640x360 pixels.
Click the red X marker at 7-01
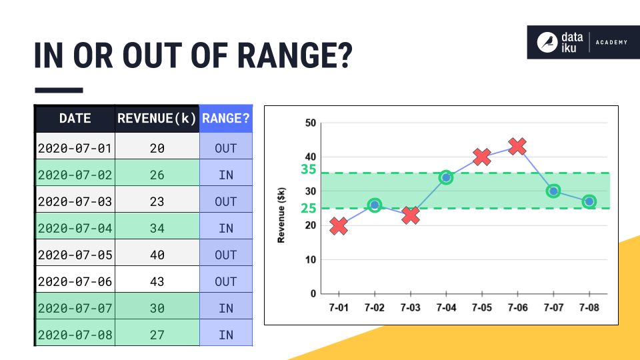[339, 226]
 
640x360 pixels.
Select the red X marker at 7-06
[517, 146]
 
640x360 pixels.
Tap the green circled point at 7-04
[446, 177]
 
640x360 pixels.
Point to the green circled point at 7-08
[589, 201]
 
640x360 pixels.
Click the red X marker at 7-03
[411, 215]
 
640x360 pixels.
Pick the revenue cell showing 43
[157, 281]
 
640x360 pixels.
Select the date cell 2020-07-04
[75, 228]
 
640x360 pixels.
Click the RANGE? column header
[226, 119]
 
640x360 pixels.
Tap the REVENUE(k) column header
[157, 119]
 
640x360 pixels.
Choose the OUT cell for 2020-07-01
[226, 148]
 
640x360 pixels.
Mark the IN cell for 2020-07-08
[226, 335]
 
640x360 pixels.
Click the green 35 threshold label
[307, 169]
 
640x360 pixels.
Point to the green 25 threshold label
[307, 208]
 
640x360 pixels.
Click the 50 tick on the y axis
[310, 123]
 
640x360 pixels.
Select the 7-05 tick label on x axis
[481, 308]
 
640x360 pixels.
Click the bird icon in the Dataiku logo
[548, 42]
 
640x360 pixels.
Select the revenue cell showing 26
[157, 175]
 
